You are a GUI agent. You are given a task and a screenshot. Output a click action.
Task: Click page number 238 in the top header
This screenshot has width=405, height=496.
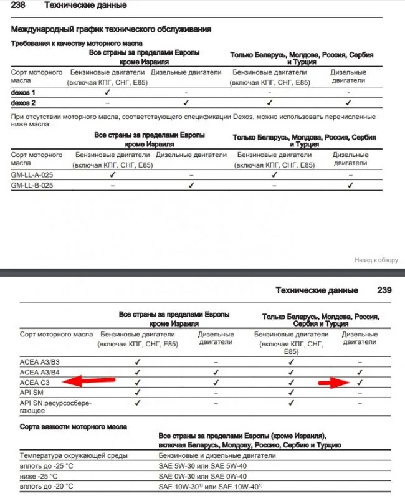pos(20,6)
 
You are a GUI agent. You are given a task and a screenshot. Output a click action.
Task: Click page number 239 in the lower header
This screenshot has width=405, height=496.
pos(384,290)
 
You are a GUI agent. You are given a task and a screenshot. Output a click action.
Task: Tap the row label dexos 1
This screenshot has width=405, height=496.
pos(24,92)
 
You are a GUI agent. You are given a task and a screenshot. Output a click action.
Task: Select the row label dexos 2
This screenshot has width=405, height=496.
pos(24,102)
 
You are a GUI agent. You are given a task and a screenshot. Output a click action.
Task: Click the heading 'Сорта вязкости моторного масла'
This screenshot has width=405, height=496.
pos(74,427)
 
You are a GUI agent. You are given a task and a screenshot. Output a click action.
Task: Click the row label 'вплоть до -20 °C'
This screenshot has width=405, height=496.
pos(46,486)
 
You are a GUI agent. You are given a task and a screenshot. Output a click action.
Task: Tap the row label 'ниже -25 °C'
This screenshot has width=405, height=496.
pos(39,475)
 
